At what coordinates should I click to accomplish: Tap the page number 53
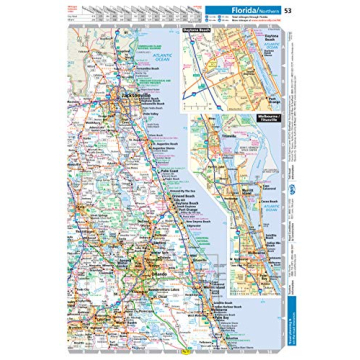[288, 11]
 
